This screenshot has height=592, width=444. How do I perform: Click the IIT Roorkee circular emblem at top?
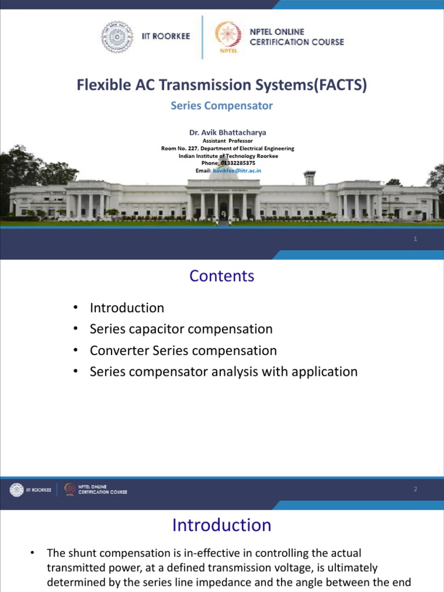[x=117, y=36]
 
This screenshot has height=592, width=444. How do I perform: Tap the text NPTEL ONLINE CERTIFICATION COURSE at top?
[x=296, y=37]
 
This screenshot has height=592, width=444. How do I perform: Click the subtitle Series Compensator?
[x=221, y=106]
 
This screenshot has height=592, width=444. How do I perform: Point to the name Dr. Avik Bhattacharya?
[x=227, y=132]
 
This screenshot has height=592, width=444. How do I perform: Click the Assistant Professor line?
[x=227, y=140]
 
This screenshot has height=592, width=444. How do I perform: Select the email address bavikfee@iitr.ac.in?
[x=237, y=171]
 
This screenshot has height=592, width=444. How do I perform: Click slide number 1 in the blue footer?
[x=415, y=239]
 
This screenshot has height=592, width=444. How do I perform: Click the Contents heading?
[x=221, y=276]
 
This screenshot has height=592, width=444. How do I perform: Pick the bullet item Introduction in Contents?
[x=127, y=308]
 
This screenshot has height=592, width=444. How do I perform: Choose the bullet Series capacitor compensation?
[x=181, y=329]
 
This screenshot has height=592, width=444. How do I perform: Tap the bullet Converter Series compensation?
[x=183, y=350]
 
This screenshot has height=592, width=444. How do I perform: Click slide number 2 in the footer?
[x=415, y=490]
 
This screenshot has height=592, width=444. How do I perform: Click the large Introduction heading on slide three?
[x=221, y=525]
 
